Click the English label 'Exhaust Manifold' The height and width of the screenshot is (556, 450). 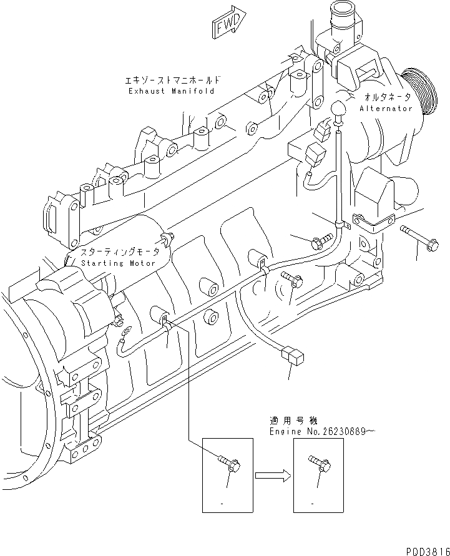171,91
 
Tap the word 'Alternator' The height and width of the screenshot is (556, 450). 386,109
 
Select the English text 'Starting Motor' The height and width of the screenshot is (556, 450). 118,263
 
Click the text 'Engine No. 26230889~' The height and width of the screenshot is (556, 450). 322,431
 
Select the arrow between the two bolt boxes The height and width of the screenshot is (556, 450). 273,476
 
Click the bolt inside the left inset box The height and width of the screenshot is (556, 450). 228,463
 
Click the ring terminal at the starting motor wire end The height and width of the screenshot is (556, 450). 125,331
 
